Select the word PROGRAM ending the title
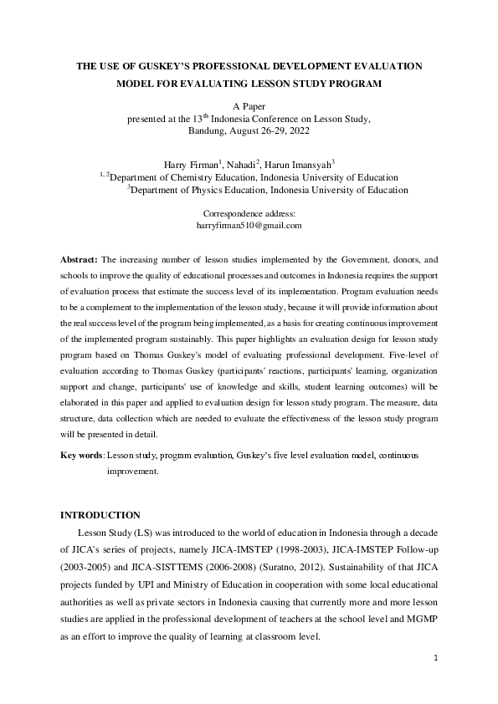(x=353, y=84)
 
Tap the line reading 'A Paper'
(x=249, y=108)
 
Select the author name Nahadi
(x=242, y=165)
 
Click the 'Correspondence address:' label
(x=249, y=214)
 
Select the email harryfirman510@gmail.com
(x=249, y=226)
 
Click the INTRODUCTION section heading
(x=101, y=515)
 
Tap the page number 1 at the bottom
(x=436, y=659)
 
